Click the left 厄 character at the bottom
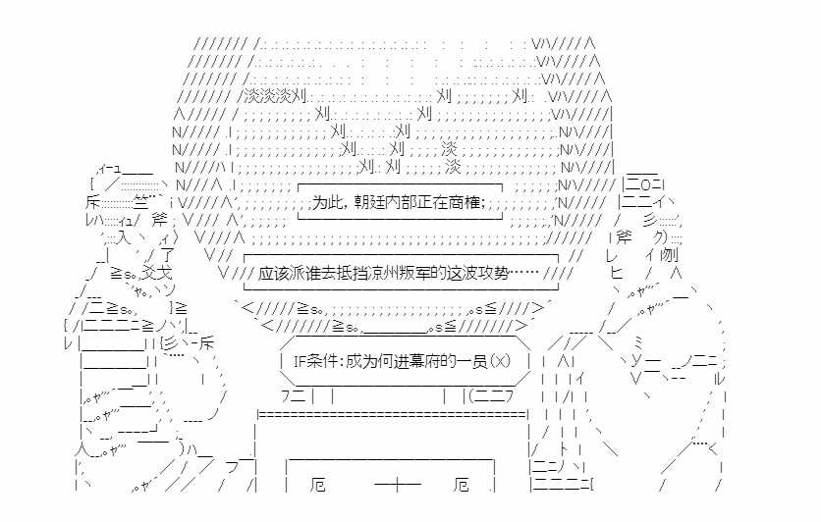pos(317,486)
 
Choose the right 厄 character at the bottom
pos(464,486)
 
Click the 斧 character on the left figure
pos(136,221)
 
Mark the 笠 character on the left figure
pos(139,203)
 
